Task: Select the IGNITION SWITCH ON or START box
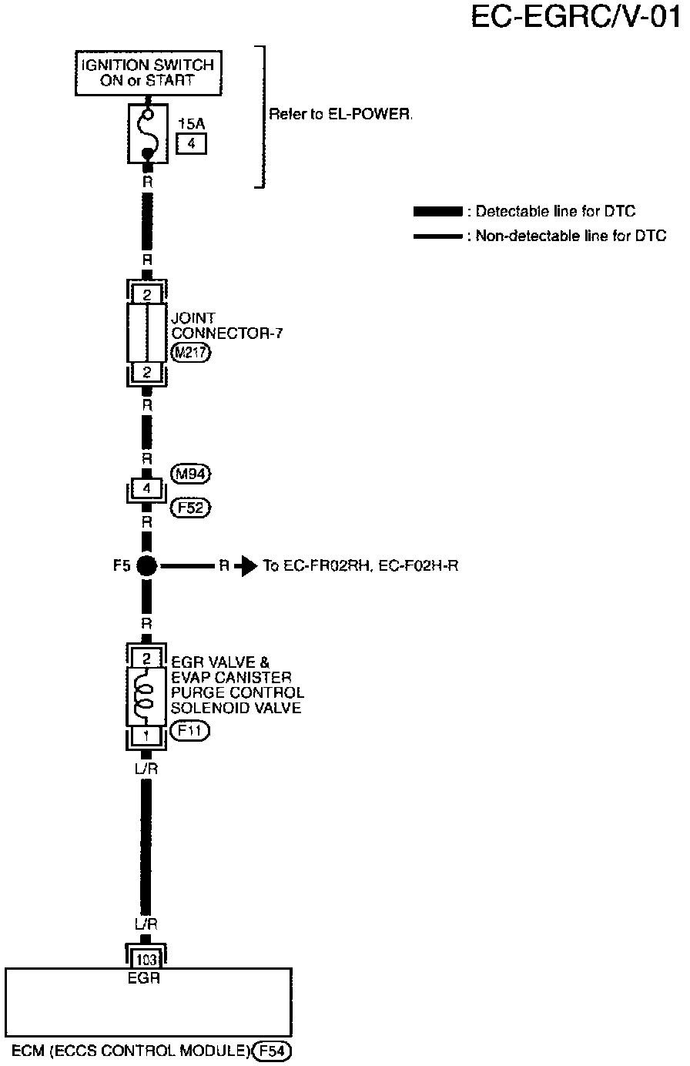[x=147, y=72]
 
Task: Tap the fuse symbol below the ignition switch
[x=147, y=134]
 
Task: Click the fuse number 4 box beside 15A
[x=191, y=143]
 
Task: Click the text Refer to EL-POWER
[x=340, y=114]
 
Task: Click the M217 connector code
[x=190, y=354]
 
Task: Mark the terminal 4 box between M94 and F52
[x=146, y=488]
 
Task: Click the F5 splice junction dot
[x=146, y=567]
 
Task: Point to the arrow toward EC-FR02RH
[x=244, y=567]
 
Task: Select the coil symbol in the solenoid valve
[x=146, y=693]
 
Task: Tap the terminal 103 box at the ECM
[x=146, y=960]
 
